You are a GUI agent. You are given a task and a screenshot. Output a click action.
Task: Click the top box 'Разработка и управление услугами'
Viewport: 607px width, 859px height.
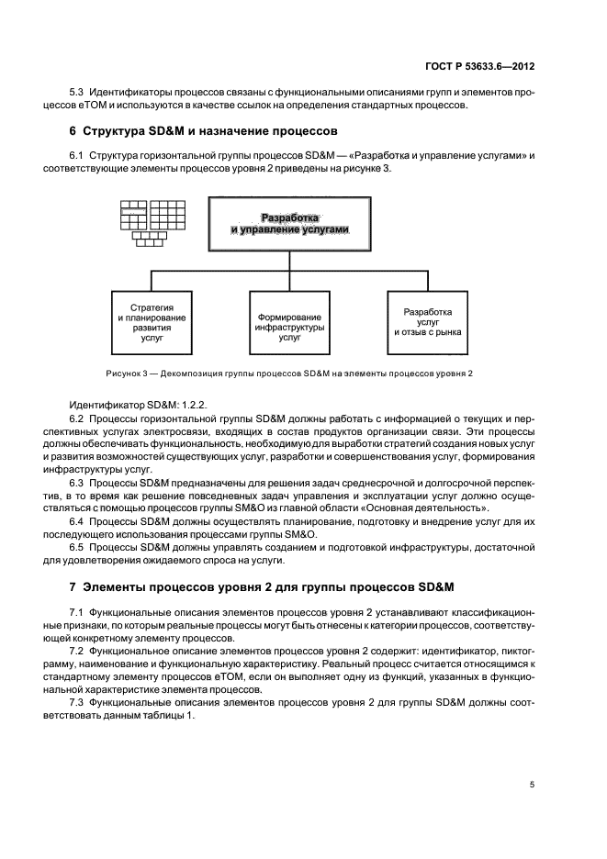291,224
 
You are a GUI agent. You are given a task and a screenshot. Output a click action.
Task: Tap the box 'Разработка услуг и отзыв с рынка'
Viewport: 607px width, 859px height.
428,322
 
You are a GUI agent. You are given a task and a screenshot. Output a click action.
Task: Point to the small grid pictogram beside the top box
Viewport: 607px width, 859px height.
146,220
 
